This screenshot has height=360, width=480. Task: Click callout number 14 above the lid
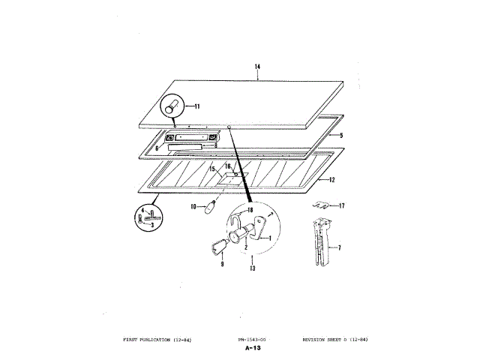[257, 67]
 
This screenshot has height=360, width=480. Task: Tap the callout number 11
[196, 106]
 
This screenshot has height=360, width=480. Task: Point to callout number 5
[340, 136]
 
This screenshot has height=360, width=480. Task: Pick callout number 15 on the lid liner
[213, 169]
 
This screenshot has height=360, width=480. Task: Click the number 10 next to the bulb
[192, 206]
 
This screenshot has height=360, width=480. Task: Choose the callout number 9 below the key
[223, 263]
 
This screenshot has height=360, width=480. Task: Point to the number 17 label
[341, 205]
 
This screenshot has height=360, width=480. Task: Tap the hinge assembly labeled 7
[321, 244]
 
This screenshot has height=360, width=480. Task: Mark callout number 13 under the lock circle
[253, 268]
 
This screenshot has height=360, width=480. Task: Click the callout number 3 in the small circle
[154, 223]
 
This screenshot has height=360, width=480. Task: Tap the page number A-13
[251, 349]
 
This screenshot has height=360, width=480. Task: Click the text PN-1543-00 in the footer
[251, 340]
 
